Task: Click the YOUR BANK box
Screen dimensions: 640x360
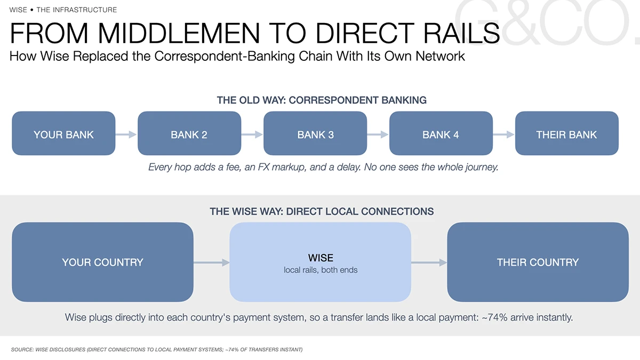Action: point(63,133)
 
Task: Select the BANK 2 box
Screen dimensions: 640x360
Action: point(189,133)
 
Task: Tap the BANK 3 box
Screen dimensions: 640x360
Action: point(315,133)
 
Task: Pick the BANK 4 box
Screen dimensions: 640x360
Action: point(441,133)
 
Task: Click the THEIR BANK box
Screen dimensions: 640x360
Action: point(567,133)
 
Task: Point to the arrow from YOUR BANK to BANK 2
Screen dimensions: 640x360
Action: point(126,134)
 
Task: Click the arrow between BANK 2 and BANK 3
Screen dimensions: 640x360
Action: point(252,134)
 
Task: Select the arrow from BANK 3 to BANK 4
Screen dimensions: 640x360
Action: point(378,134)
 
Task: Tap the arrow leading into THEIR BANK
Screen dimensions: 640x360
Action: point(503,134)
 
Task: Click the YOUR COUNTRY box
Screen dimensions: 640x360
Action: point(102,262)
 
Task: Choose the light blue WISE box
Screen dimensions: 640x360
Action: point(321,262)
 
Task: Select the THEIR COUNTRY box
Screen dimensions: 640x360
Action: point(538,262)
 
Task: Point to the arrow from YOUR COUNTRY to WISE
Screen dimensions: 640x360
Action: point(211,262)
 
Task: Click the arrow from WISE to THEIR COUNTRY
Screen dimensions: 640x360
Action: point(429,262)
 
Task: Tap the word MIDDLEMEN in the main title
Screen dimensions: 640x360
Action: point(179,33)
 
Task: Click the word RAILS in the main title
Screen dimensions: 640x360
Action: point(461,33)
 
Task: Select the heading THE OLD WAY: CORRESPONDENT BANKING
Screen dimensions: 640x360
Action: point(322,100)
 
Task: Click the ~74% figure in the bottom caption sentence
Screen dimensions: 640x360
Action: point(494,317)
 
